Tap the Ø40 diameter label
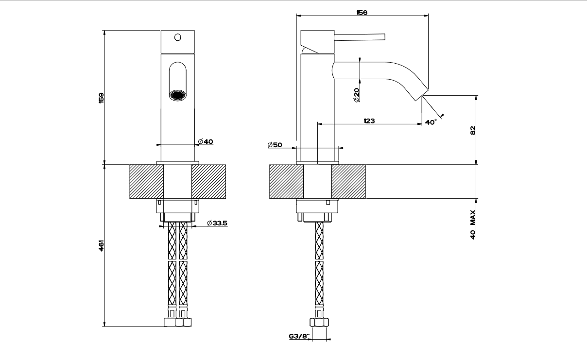(x=206, y=141)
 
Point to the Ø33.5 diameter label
(x=217, y=223)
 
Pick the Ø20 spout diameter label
(x=356, y=95)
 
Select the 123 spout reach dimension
(x=369, y=121)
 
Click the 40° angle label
(x=431, y=122)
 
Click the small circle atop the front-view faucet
(x=177, y=37)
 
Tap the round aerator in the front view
(x=177, y=94)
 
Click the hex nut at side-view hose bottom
(x=319, y=322)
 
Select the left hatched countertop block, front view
(x=146, y=182)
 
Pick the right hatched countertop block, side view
(x=348, y=182)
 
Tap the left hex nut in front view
(x=171, y=322)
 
